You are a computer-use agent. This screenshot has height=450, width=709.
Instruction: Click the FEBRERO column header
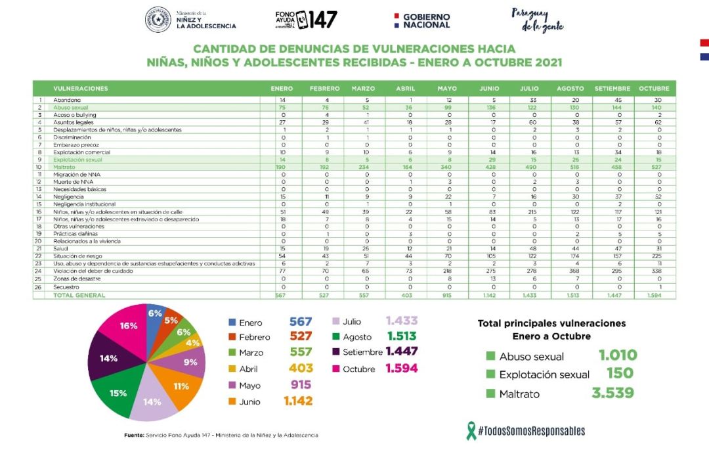coord(324,88)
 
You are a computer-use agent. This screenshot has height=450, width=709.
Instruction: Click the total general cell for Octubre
coord(654,296)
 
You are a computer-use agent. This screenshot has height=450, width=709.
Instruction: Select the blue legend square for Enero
coord(232,323)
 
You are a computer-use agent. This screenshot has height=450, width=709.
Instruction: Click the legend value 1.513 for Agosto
coord(401,337)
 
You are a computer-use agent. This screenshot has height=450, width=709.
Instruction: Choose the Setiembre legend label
coord(362,352)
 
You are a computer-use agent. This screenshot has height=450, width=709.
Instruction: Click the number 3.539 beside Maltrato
coord(612,394)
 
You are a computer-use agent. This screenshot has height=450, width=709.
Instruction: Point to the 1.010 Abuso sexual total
coord(618,356)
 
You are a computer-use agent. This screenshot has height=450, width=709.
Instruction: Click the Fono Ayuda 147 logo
coord(306,20)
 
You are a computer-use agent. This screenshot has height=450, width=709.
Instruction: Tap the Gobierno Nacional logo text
coord(426,20)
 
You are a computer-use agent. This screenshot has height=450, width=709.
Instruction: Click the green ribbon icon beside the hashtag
coord(471,430)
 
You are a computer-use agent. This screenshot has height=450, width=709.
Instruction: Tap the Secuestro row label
coord(66,287)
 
